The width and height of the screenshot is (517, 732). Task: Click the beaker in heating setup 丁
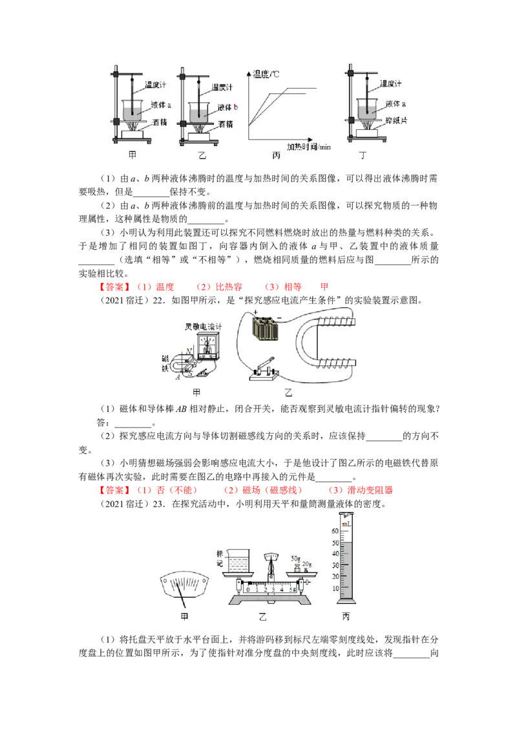coord(368,108)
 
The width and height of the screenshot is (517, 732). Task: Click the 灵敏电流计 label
coord(203,327)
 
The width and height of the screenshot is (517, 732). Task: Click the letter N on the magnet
coord(188,350)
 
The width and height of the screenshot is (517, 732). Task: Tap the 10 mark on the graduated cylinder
coord(335,588)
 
